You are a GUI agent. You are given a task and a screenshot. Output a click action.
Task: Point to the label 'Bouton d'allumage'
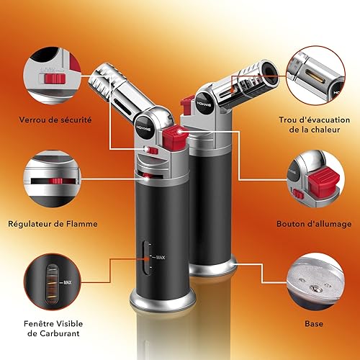point(314,224)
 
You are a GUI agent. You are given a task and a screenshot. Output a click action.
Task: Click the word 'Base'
point(314,324)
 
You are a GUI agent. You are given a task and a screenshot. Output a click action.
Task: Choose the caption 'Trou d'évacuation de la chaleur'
point(314,125)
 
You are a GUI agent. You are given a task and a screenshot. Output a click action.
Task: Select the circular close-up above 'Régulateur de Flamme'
point(48,179)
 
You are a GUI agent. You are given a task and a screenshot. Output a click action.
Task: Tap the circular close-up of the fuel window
point(48,282)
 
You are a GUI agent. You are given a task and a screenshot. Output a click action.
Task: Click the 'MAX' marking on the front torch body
point(160,256)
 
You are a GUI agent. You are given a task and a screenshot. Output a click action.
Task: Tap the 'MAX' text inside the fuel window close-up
point(68,283)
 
